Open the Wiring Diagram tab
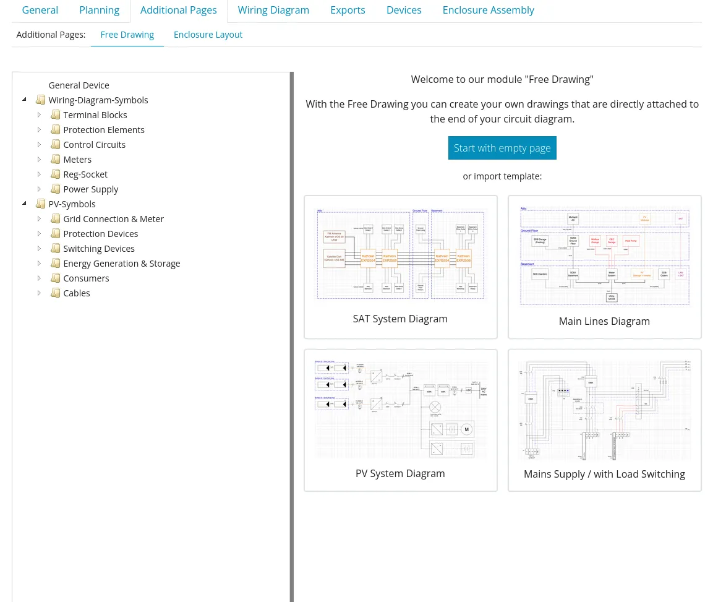click(273, 11)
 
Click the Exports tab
click(348, 11)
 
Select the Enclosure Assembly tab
click(488, 11)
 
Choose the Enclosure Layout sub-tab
click(208, 35)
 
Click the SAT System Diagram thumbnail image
click(401, 255)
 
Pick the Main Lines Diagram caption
click(604, 321)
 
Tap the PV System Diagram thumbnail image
click(401, 409)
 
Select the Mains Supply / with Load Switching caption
click(604, 474)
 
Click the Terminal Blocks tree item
click(95, 115)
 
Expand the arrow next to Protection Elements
click(39, 130)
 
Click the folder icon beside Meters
click(56, 160)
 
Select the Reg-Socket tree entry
click(85, 174)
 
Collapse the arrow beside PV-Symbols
click(24, 204)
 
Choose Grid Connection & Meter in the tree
click(113, 219)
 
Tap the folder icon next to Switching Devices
click(56, 249)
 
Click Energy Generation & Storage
click(121, 264)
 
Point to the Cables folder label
click(77, 293)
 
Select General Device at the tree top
click(79, 85)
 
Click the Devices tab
click(404, 11)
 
